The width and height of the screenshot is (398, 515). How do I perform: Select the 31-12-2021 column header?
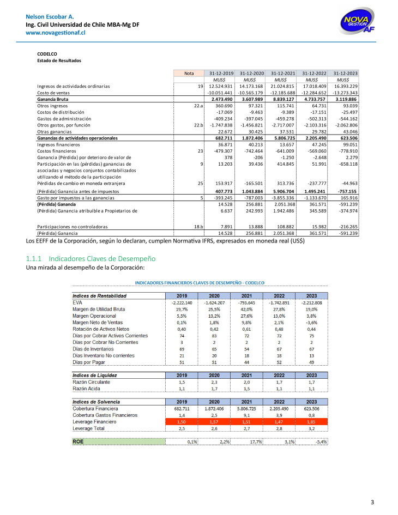click(283, 73)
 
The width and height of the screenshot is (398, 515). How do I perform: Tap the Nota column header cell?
click(189, 73)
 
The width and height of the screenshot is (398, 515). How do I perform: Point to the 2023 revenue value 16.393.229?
click(346, 86)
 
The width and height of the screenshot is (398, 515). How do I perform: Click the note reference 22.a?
click(198, 106)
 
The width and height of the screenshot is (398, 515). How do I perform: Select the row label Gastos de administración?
click(64, 119)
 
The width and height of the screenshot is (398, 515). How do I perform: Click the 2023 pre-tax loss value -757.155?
click(346, 191)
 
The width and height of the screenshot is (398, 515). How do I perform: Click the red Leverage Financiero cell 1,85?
click(311, 422)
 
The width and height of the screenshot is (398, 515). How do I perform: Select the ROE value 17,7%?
click(256, 442)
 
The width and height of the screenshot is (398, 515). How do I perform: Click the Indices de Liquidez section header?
click(95, 375)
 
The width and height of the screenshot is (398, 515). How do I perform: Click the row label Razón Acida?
click(87, 389)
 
